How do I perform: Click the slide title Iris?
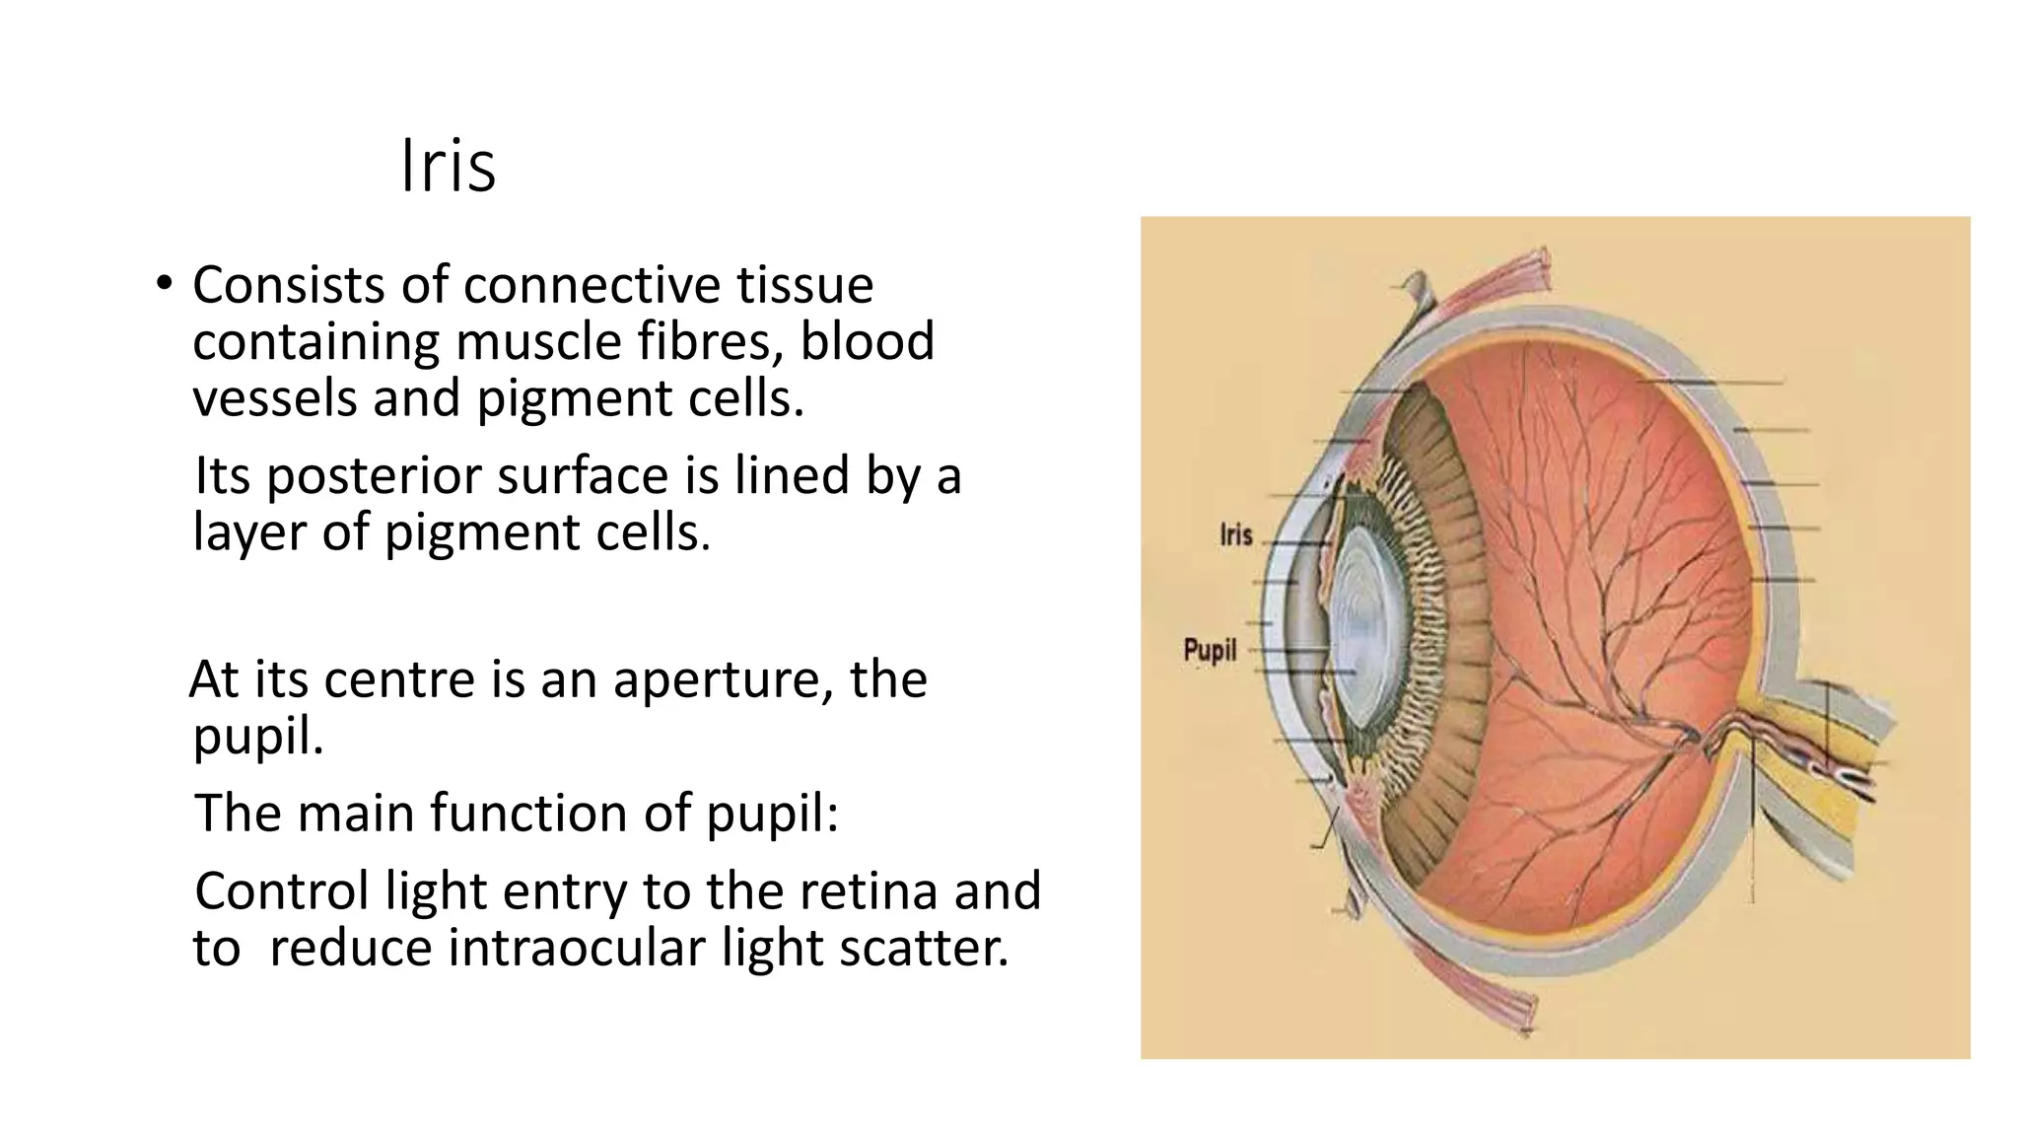(x=449, y=167)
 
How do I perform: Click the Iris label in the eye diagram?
(x=1235, y=535)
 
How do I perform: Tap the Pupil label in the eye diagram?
(x=1210, y=651)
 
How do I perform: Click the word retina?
(x=869, y=891)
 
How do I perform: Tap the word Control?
(x=282, y=891)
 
